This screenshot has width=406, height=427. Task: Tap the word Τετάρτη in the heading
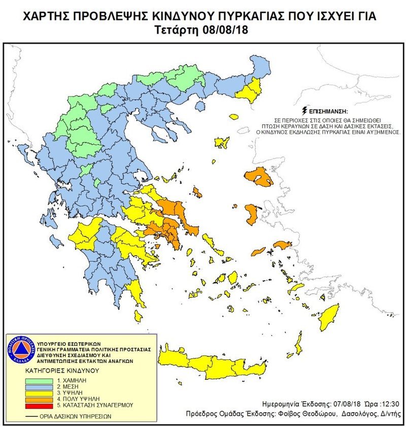pos(176,30)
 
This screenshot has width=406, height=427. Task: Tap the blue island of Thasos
pos(200,106)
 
